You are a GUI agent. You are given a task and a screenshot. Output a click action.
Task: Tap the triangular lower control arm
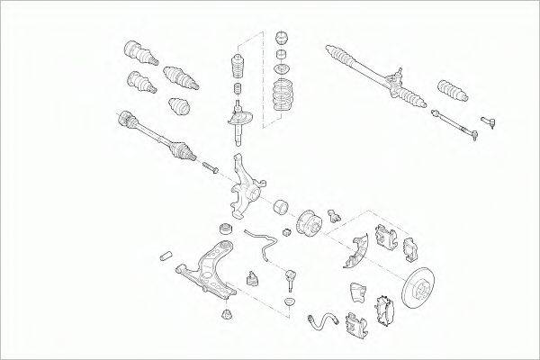coord(210,267)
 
